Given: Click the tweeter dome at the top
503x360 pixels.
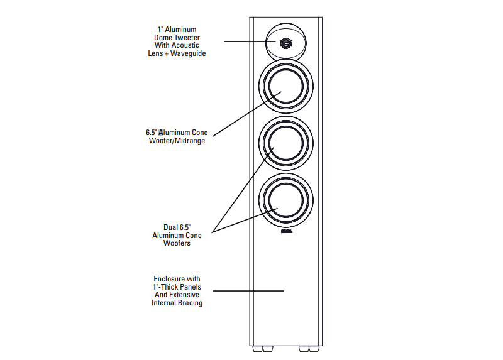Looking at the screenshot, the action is (285, 43).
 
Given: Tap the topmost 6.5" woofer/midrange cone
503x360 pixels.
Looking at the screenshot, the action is (286, 86).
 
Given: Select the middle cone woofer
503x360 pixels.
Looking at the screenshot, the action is (286, 143).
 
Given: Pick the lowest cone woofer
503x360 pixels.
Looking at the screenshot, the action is (286, 200).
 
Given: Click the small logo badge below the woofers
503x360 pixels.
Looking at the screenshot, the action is (287, 231).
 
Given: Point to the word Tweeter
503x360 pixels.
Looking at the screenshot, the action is (187, 38).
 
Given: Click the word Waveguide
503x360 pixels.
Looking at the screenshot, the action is (188, 53).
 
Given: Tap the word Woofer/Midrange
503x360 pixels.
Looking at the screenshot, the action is (177, 140).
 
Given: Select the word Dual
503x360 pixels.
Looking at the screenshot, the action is (170, 227).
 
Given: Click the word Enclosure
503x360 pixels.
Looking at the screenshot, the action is (169, 279).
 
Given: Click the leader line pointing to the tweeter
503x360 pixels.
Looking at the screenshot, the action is (250, 41).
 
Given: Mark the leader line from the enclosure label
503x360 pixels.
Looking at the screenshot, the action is (248, 291).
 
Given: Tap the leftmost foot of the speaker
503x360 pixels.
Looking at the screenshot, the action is (258, 349).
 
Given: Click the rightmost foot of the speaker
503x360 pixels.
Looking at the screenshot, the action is (314, 349).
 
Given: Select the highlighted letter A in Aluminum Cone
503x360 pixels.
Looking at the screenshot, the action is (161, 133).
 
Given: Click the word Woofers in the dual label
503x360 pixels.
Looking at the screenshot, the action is (177, 243).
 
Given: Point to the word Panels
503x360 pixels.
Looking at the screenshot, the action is (191, 287).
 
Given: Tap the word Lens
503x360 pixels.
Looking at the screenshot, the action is (155, 53).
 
